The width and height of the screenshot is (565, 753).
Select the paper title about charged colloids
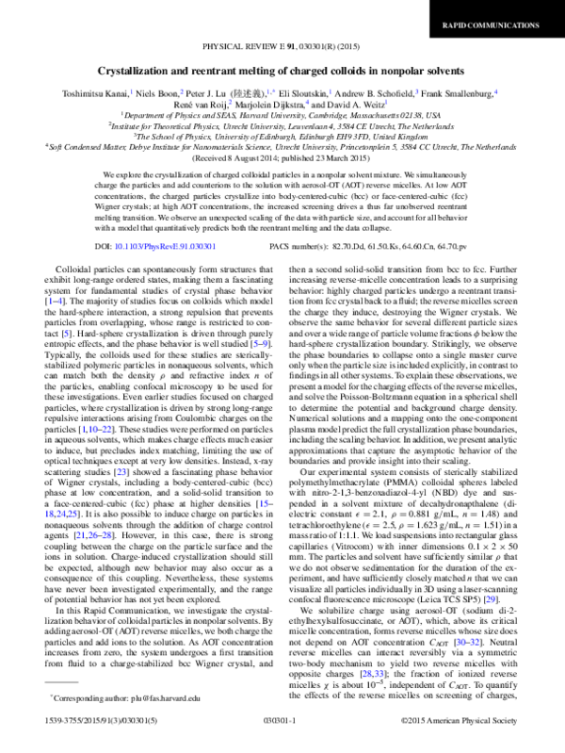click(282, 72)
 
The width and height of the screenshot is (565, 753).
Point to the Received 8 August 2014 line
click(282, 157)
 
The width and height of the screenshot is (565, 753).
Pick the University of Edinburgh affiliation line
click(282, 135)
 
